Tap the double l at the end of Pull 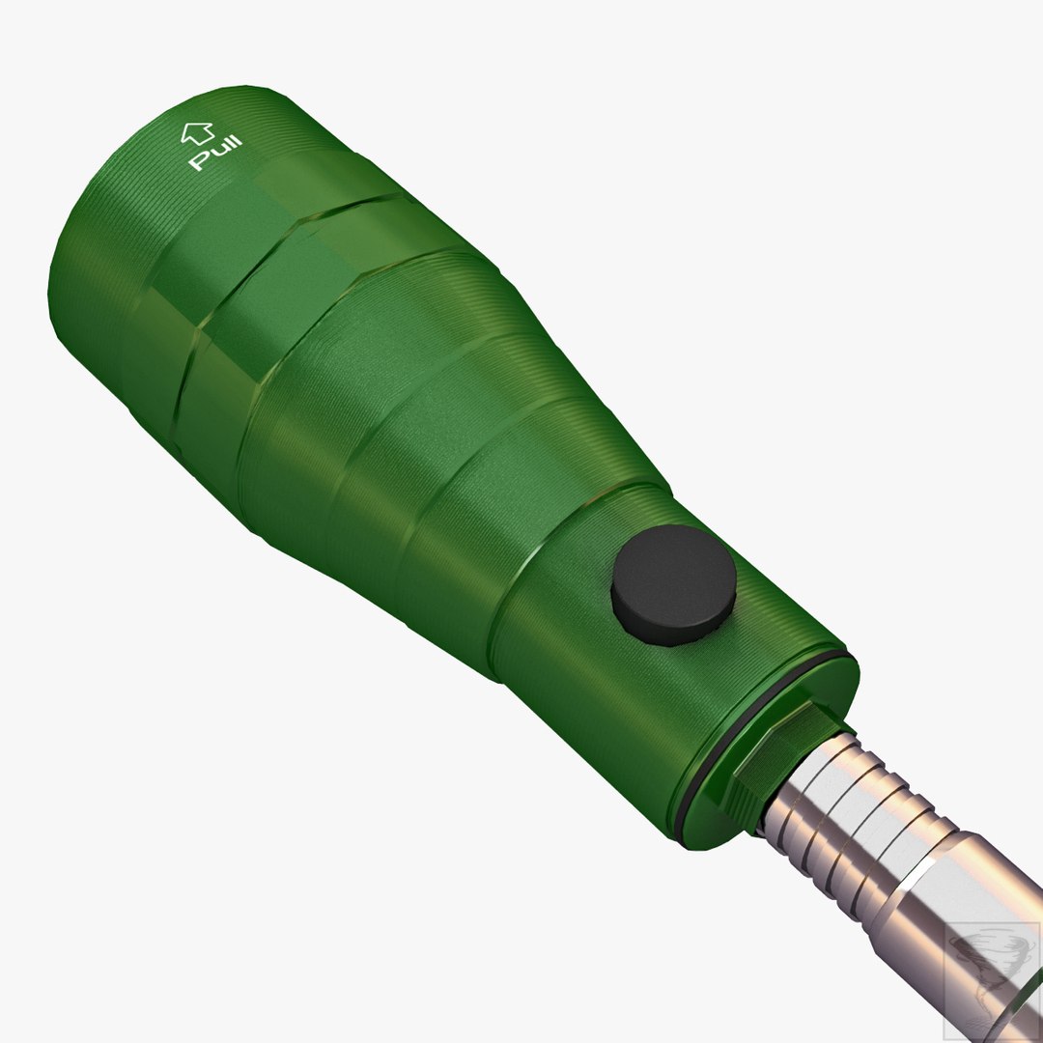(232, 146)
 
